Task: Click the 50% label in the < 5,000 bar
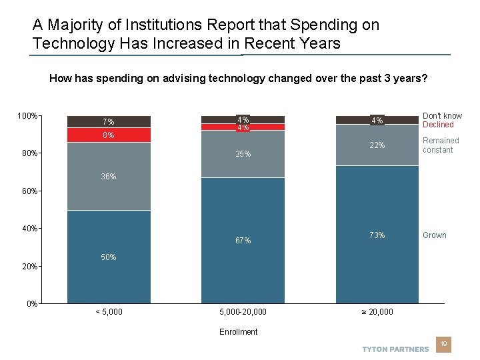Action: point(108,257)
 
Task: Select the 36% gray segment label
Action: point(108,177)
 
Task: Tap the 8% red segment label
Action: point(108,135)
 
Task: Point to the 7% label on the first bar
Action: point(108,122)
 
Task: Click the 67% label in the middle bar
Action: point(243,241)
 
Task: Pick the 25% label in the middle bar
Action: point(243,154)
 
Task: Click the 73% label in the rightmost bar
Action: point(377,235)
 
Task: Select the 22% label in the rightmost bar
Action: point(377,145)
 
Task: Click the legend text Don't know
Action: point(442,116)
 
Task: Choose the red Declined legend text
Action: point(437,125)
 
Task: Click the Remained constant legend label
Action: point(441,145)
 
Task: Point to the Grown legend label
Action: point(435,235)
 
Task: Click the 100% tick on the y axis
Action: point(27,117)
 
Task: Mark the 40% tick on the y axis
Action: point(29,229)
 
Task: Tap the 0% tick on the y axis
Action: point(31,304)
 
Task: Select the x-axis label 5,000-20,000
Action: point(243,312)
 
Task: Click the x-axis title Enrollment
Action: point(239,332)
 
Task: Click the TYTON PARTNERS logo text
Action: point(395,349)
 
